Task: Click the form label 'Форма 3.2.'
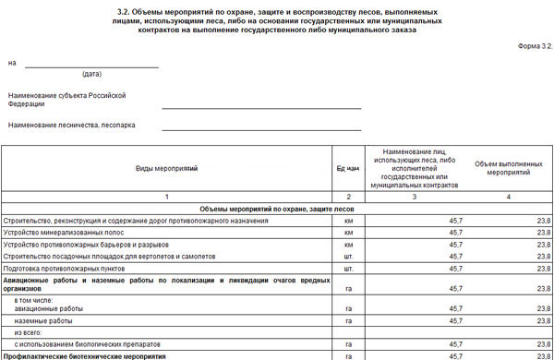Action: click(x=533, y=45)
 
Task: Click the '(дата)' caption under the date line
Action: click(x=91, y=74)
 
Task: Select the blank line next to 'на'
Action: click(x=91, y=65)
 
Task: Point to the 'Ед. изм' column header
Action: click(x=348, y=169)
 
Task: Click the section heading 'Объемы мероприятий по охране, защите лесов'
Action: click(x=277, y=210)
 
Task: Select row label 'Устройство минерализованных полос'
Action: click(x=73, y=234)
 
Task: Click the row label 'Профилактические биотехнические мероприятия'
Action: click(x=84, y=355)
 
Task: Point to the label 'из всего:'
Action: click(x=32, y=332)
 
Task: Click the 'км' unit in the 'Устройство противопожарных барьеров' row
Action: click(x=348, y=245)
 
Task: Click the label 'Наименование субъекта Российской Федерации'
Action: click(x=66, y=100)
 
